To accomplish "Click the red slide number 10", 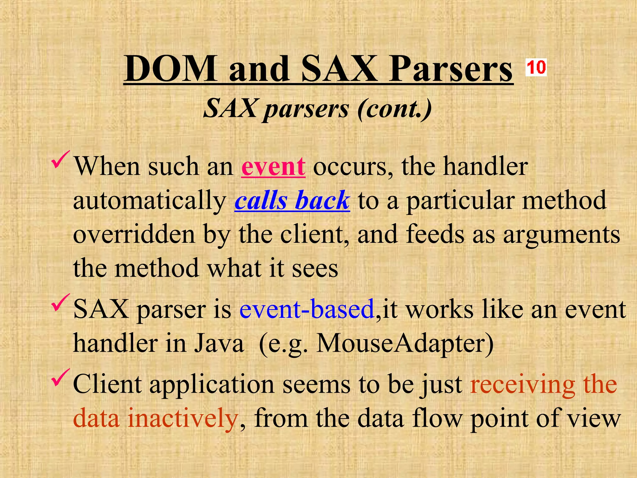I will click(x=536, y=67).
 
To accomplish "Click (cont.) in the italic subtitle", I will click(x=394, y=109).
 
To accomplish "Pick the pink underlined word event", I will click(x=273, y=167).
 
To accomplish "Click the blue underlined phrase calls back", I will click(x=292, y=200).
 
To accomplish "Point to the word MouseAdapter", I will click(x=405, y=344).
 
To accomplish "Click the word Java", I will click(x=219, y=344).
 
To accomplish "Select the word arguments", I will click(x=561, y=235).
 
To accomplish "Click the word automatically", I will click(x=150, y=201).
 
